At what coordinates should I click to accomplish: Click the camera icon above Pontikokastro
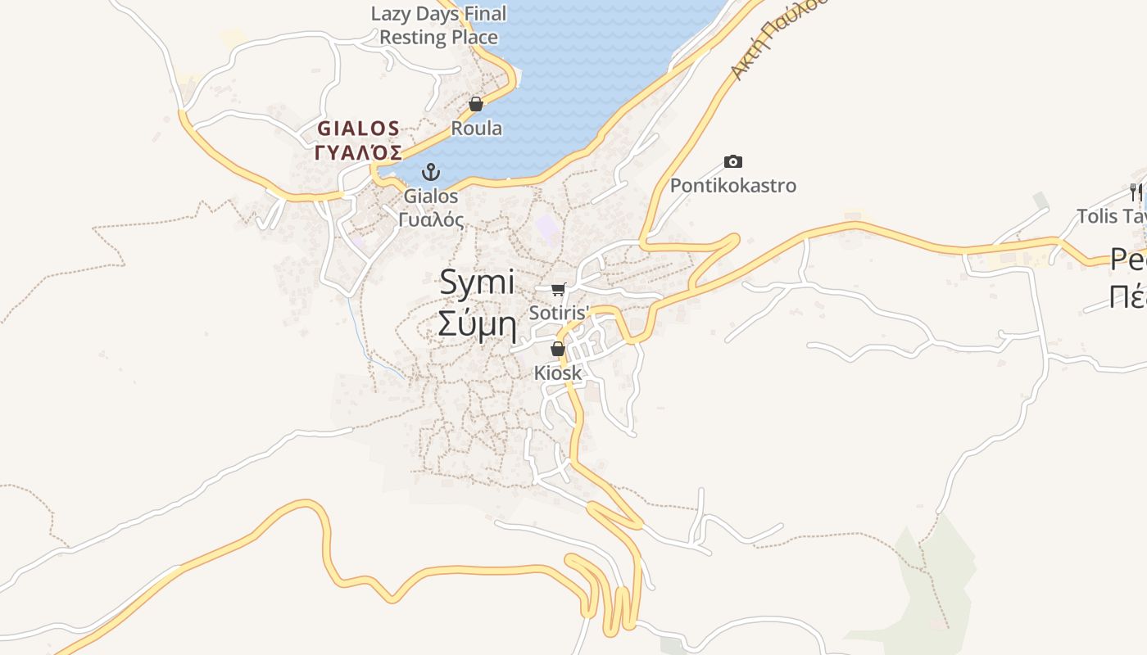pyautogui.click(x=733, y=162)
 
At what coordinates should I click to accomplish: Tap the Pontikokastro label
pyautogui.click(x=733, y=186)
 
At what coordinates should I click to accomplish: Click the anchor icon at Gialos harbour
pyautogui.click(x=431, y=172)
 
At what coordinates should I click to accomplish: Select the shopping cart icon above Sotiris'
pyautogui.click(x=559, y=289)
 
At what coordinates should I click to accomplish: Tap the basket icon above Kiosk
pyautogui.click(x=558, y=350)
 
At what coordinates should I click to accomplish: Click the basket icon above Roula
pyautogui.click(x=476, y=105)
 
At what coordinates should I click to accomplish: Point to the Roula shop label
pyautogui.click(x=477, y=129)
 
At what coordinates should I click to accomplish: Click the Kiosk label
pyautogui.click(x=558, y=373)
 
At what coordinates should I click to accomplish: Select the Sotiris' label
pyautogui.click(x=560, y=313)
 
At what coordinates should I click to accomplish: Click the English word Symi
pyautogui.click(x=477, y=283)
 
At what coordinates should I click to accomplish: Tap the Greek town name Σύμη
pyautogui.click(x=477, y=324)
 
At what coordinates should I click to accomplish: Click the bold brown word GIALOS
pyautogui.click(x=359, y=129)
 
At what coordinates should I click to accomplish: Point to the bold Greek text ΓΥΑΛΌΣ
pyautogui.click(x=359, y=153)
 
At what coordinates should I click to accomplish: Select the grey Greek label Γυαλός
pyautogui.click(x=431, y=220)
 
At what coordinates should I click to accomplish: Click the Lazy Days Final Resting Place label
pyautogui.click(x=439, y=25)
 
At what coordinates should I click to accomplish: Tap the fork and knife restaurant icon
pyautogui.click(x=1136, y=192)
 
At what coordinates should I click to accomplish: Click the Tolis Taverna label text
pyautogui.click(x=1111, y=216)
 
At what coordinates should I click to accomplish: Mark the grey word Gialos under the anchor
pyautogui.click(x=431, y=196)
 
